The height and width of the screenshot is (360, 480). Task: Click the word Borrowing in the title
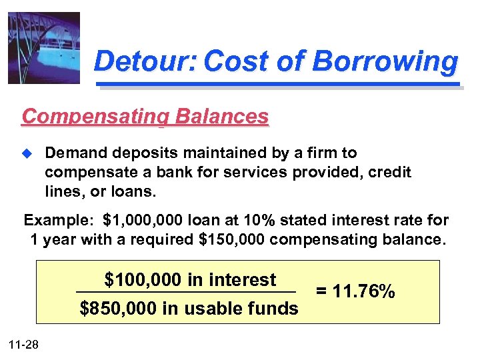coord(386,62)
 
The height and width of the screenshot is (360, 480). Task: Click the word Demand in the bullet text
coord(73,154)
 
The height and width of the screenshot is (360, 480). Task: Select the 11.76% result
coord(365,292)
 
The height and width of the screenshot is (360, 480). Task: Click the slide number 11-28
coord(24,344)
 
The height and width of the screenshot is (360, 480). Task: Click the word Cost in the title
coord(235,62)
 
